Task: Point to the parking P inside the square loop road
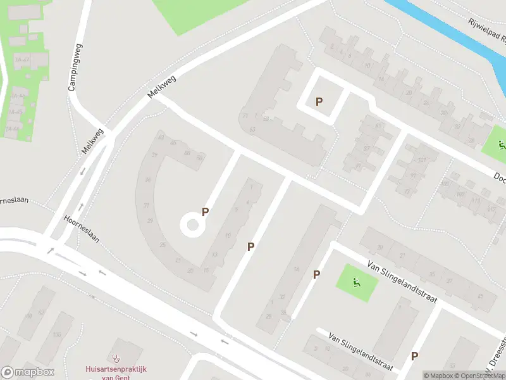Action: pyautogui.click(x=319, y=101)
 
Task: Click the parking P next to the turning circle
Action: pyautogui.click(x=205, y=212)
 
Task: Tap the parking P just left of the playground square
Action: pyautogui.click(x=316, y=274)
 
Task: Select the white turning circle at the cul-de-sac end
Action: pyautogui.click(x=192, y=224)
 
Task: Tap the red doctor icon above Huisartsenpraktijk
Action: pyautogui.click(x=116, y=358)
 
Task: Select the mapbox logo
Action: pyautogui.click(x=28, y=372)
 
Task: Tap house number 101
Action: pyautogui.click(x=422, y=160)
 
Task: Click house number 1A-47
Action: pyautogui.click(x=20, y=59)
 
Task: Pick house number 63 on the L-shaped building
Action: pyautogui.click(x=253, y=130)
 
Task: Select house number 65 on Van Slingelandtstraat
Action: pyautogui.click(x=480, y=295)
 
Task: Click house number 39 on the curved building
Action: pyautogui.click(x=155, y=154)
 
